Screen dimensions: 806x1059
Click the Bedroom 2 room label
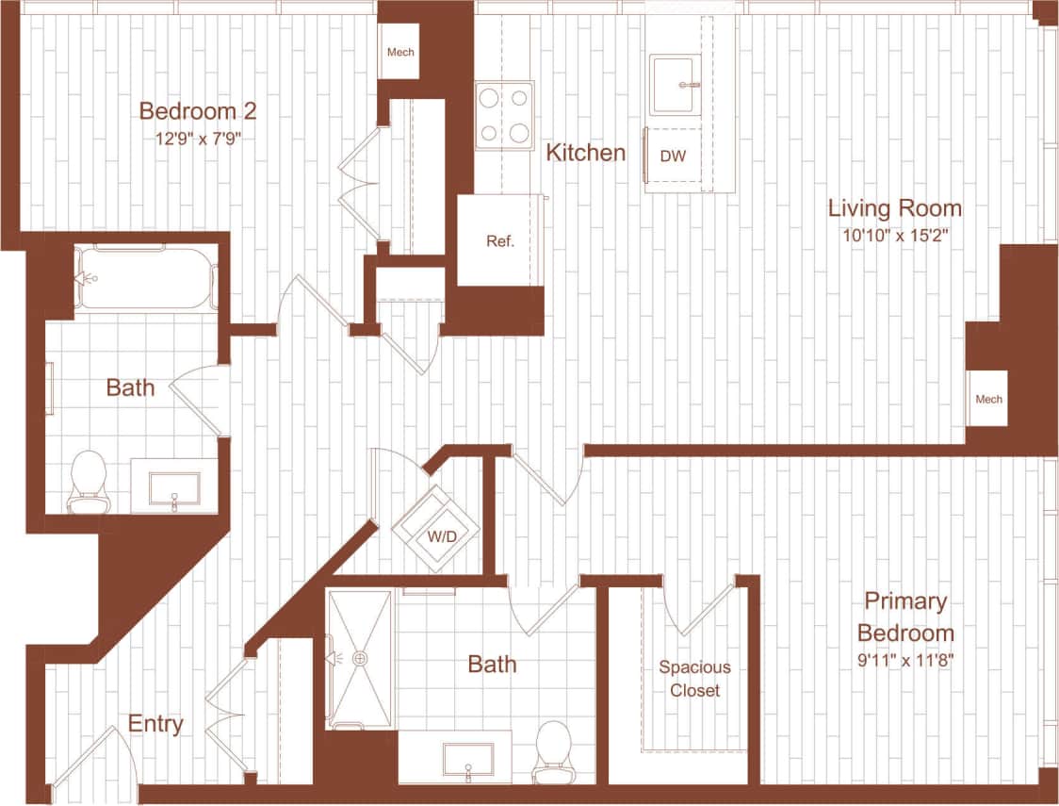pos(197,111)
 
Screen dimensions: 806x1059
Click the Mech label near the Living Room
pos(988,399)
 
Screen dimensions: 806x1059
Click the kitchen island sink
pos(675,85)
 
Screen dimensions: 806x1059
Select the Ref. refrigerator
pos(499,240)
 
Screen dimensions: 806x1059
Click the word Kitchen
pos(586,153)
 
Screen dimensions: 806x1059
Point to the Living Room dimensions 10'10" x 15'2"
pos(894,235)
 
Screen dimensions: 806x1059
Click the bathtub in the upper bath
pos(146,278)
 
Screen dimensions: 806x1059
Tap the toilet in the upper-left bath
pos(89,481)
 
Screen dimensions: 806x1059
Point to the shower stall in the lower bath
pos(360,658)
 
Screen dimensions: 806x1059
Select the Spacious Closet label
pos(694,679)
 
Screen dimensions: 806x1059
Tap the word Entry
pos(155,724)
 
